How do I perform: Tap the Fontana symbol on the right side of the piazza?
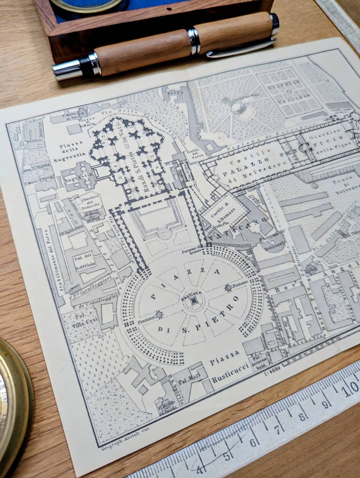[x=229, y=288]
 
